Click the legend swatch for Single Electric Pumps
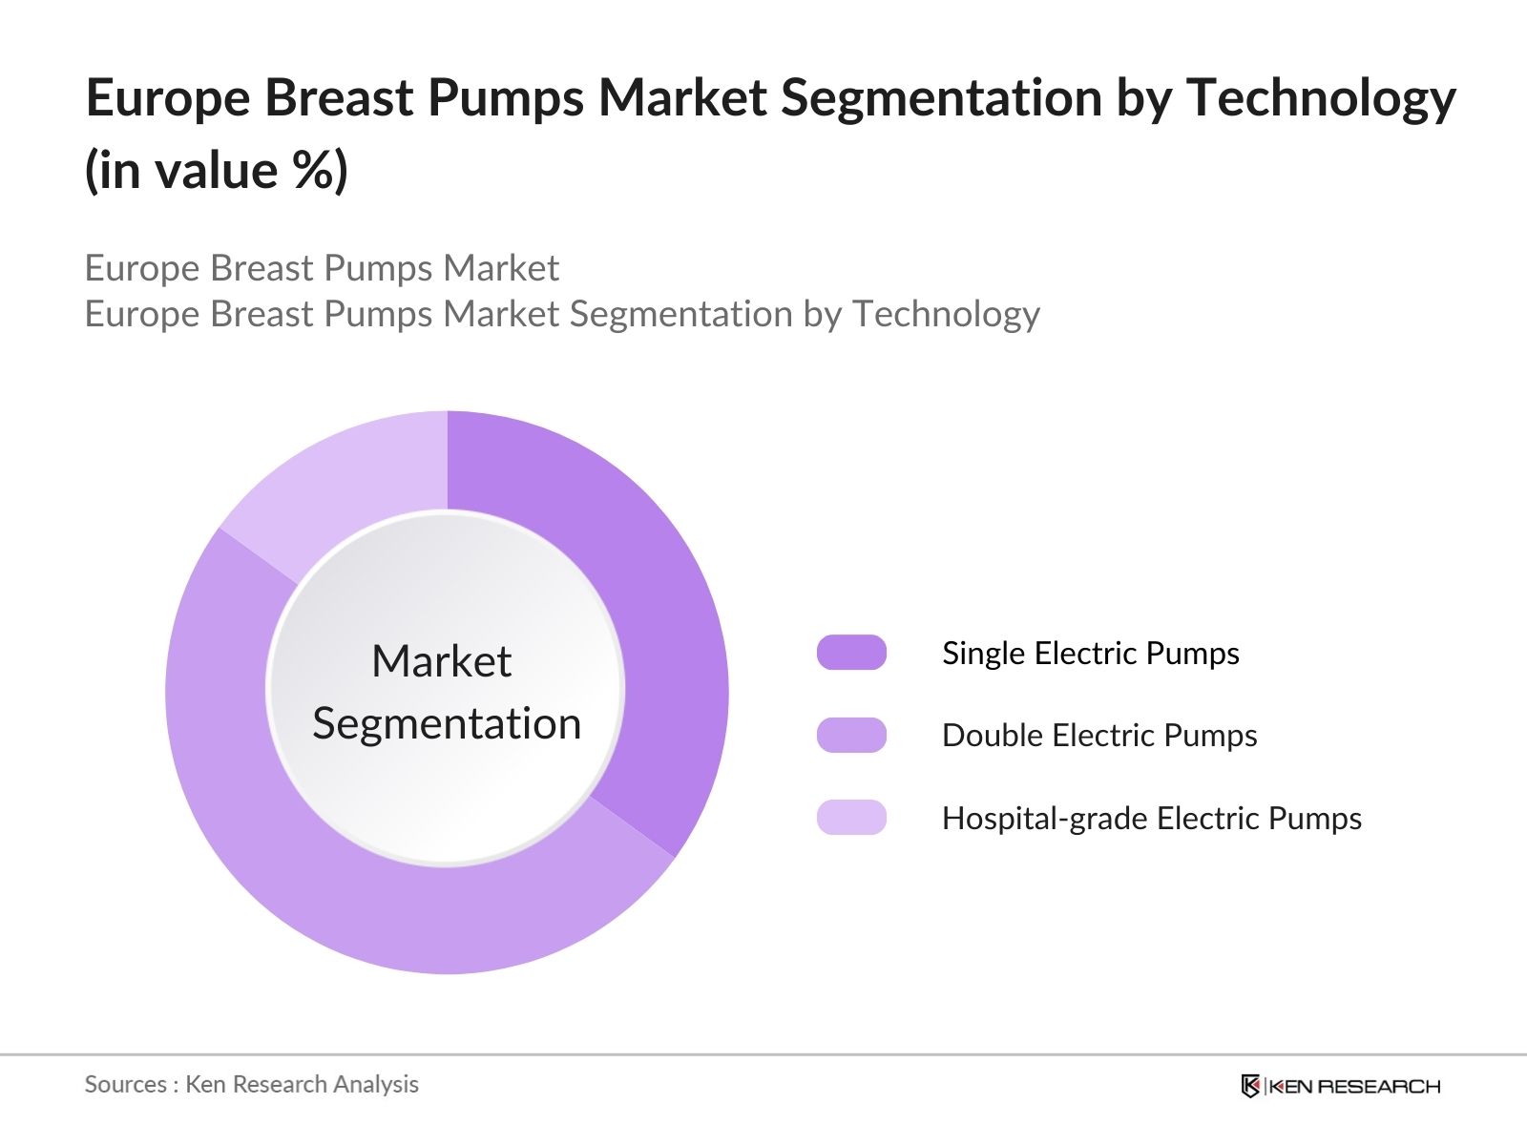click(x=851, y=653)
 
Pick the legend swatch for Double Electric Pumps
click(x=851, y=735)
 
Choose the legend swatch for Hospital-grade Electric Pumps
click(x=851, y=818)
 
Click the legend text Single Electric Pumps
click(x=1090, y=653)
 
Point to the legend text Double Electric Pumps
click(x=1098, y=735)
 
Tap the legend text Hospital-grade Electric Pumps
click(x=1151, y=818)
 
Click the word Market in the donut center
click(x=441, y=661)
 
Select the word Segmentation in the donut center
click(x=447, y=723)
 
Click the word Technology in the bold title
click(x=1321, y=98)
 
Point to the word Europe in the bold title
click(x=168, y=98)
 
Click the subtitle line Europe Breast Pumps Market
click(x=322, y=268)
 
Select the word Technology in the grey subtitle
click(x=945, y=314)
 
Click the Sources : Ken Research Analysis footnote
click(x=251, y=1084)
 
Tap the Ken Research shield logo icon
click(x=1250, y=1086)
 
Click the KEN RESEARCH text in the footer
click(x=1353, y=1086)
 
